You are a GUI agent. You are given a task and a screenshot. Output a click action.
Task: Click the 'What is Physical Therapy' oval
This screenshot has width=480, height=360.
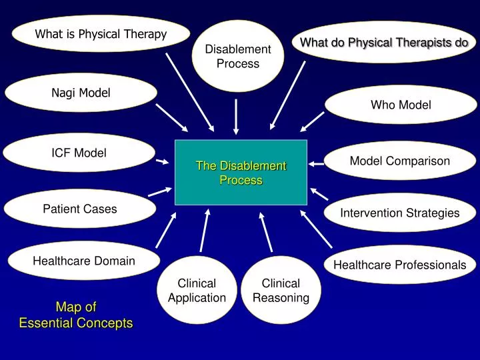click(x=101, y=33)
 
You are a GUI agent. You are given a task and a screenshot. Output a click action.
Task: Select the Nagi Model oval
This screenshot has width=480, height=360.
click(x=81, y=93)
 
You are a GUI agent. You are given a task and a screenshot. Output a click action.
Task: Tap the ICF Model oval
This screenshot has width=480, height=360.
click(x=79, y=153)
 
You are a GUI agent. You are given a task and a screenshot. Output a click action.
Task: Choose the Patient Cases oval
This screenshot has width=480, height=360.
click(x=80, y=209)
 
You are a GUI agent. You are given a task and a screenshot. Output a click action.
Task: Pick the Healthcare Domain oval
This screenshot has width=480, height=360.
click(x=83, y=261)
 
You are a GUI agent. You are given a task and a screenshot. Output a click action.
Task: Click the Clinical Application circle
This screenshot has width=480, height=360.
click(x=197, y=291)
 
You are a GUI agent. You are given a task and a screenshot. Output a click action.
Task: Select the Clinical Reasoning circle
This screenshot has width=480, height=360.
click(x=281, y=291)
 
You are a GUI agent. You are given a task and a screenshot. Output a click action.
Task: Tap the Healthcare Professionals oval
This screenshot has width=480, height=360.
click(x=399, y=265)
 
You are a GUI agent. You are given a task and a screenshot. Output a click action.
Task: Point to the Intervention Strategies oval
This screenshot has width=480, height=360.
click(x=399, y=213)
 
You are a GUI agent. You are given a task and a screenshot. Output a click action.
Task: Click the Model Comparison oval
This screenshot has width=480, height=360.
click(x=400, y=161)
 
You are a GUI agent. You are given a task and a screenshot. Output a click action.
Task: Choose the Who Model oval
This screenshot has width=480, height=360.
click(x=401, y=105)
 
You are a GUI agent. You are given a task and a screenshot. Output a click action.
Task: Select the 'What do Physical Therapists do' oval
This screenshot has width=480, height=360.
click(x=384, y=43)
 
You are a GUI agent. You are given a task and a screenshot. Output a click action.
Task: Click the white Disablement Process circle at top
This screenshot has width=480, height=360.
click(x=238, y=56)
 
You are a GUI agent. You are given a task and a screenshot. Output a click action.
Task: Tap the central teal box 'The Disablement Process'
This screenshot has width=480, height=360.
click(x=241, y=173)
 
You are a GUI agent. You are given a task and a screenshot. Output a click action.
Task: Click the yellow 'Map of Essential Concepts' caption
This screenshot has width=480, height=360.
click(x=76, y=315)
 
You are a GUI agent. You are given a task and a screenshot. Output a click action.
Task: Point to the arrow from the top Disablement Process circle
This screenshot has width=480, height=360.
click(x=236, y=117)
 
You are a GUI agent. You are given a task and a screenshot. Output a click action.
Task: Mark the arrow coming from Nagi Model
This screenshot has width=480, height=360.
click(x=171, y=117)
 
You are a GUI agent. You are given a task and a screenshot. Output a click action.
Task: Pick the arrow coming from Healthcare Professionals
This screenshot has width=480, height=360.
click(x=316, y=227)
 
